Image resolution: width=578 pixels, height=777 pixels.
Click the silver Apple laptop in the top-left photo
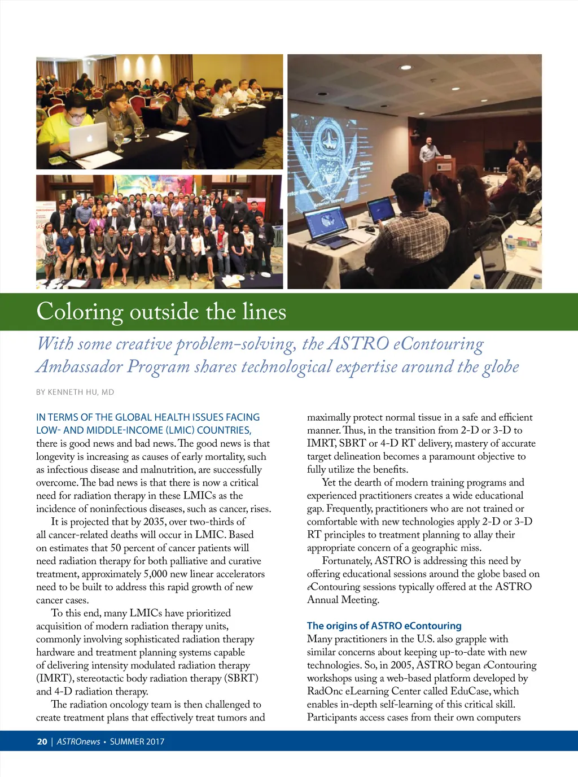88,138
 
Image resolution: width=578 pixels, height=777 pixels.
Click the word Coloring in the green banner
80,312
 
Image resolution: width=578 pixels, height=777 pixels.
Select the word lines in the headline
264,312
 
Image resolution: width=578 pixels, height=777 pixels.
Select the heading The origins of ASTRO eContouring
384,626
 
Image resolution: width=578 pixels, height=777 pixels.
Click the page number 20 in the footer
42,741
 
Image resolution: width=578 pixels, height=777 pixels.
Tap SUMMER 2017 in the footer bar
137,741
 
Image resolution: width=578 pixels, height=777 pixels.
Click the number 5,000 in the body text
155,574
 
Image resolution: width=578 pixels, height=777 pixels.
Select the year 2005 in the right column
401,665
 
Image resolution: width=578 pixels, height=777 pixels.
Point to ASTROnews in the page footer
78,741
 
